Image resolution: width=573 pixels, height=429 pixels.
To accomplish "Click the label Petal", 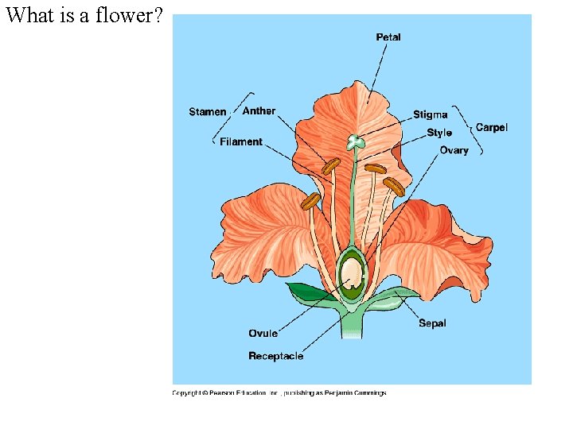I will click(388, 37).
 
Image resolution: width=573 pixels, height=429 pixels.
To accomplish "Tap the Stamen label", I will click(207, 112).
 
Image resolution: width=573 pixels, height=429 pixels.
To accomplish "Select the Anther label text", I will click(259, 111).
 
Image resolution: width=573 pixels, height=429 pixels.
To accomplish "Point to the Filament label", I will click(241, 142).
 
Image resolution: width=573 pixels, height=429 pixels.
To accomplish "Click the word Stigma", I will click(430, 115).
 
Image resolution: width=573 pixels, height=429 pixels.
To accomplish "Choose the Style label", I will click(439, 133).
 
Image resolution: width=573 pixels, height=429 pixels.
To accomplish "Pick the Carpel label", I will click(491, 127).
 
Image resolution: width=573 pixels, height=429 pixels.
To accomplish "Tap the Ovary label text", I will click(454, 150).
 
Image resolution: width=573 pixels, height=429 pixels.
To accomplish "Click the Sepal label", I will click(432, 323).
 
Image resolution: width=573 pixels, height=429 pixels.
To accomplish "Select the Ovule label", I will click(263, 334).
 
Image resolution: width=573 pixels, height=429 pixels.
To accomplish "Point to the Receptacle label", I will click(275, 356).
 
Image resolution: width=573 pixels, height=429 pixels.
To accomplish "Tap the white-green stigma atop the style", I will click(355, 142).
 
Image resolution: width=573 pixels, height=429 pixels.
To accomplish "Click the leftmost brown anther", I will click(310, 202).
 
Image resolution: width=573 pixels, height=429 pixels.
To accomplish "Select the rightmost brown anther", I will click(394, 187).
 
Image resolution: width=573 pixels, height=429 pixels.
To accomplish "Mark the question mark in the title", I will click(158, 15).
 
